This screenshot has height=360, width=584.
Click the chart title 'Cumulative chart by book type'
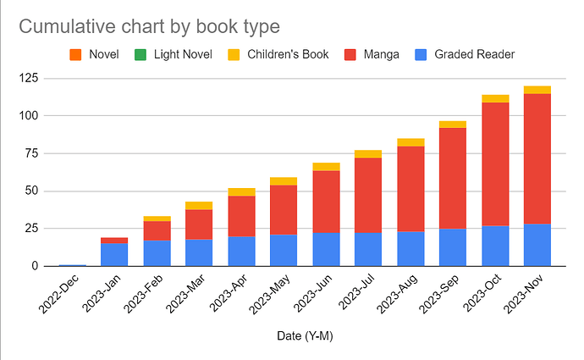coord(150,27)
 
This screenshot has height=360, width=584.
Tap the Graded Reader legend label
coord(475,56)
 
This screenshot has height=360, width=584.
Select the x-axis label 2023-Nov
coord(527,294)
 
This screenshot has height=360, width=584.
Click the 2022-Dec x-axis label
coord(62,294)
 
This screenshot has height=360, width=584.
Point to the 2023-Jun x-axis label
coord(316,294)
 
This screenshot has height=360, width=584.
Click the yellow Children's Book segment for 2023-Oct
coord(495,98)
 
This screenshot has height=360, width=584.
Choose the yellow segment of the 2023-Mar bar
coord(199,205)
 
